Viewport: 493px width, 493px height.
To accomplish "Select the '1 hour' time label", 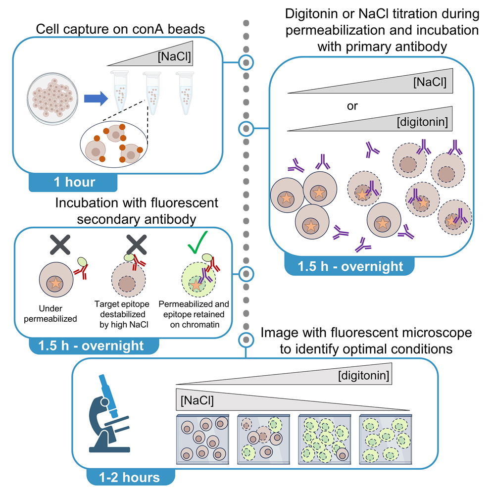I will [75, 182].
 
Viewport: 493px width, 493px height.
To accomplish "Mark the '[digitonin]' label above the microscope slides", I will [365, 377].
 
